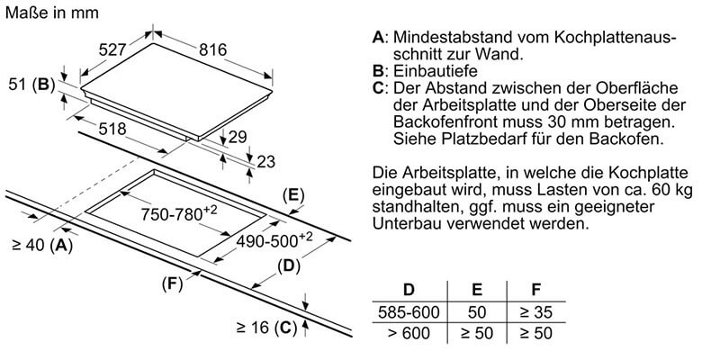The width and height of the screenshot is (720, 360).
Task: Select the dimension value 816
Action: [x=212, y=50]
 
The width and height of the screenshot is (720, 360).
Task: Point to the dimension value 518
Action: [x=112, y=130]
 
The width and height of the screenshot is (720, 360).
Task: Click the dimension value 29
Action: [x=237, y=137]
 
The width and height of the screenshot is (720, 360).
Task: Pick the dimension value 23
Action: [x=267, y=162]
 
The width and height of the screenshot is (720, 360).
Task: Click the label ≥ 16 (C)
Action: [x=267, y=328]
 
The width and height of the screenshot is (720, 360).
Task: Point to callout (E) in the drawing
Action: [x=293, y=194]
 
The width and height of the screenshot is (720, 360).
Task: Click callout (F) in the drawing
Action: [x=173, y=283]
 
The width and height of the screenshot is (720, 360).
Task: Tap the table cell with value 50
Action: [x=478, y=312]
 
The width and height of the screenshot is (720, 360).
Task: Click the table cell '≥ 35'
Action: [x=536, y=312]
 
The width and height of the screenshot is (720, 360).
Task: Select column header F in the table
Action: [x=536, y=290]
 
